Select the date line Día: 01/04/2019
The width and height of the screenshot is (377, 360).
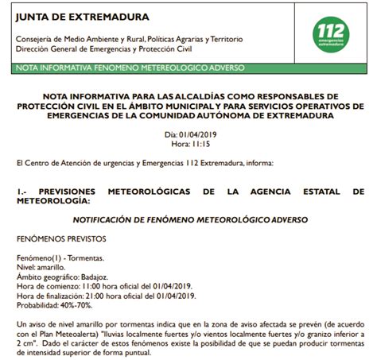point(188,134)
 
